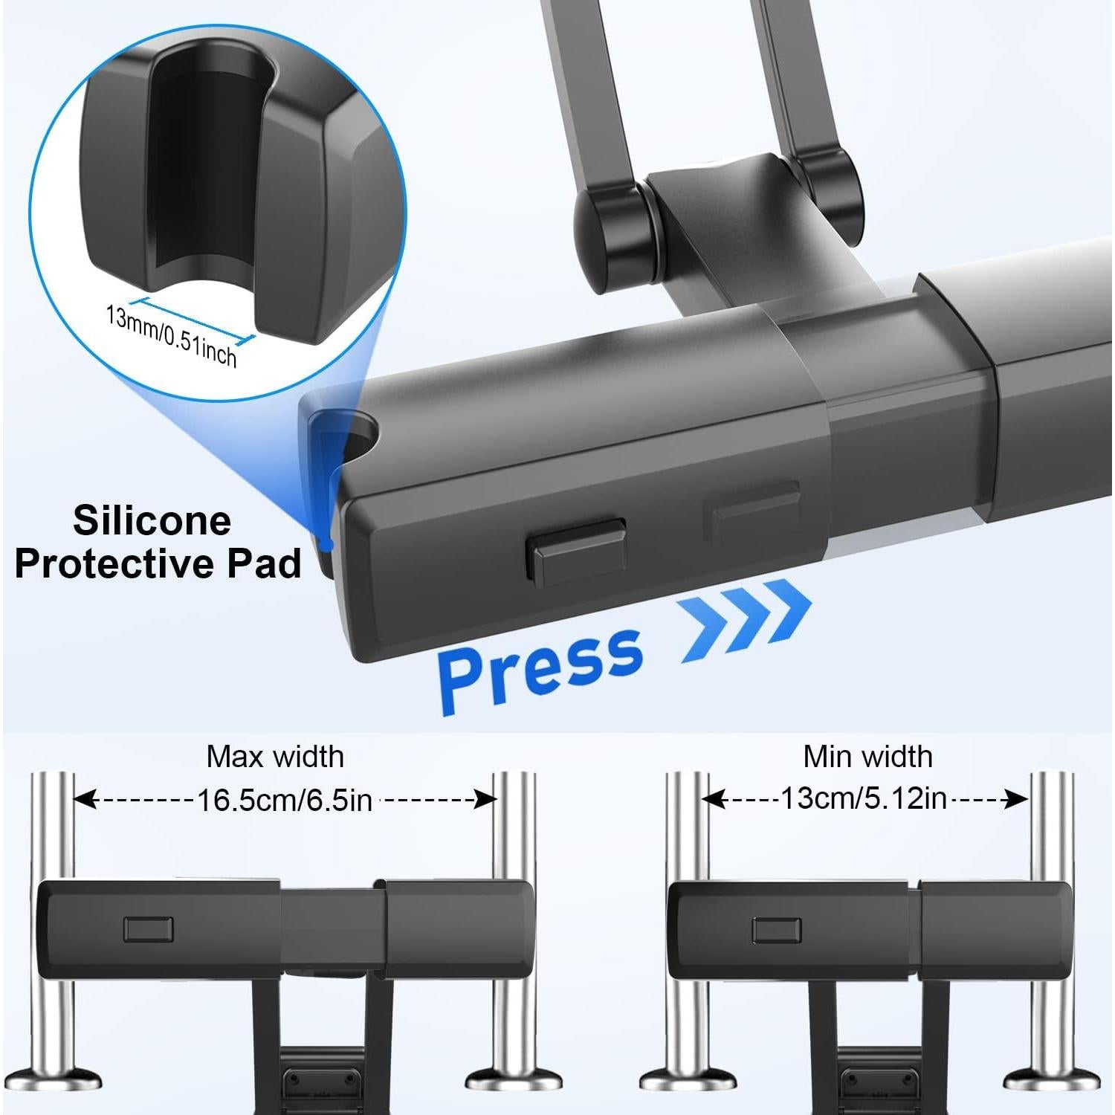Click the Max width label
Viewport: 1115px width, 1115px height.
275,757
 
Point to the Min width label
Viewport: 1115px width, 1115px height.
867,757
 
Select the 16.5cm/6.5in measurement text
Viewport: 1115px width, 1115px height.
285,801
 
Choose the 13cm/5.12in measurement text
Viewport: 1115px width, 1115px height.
864,799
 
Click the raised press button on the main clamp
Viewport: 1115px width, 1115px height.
575,551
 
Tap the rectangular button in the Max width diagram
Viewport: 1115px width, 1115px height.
149,929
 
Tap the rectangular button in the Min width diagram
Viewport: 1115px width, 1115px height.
776,930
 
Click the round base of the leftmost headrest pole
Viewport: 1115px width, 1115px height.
51,1082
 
